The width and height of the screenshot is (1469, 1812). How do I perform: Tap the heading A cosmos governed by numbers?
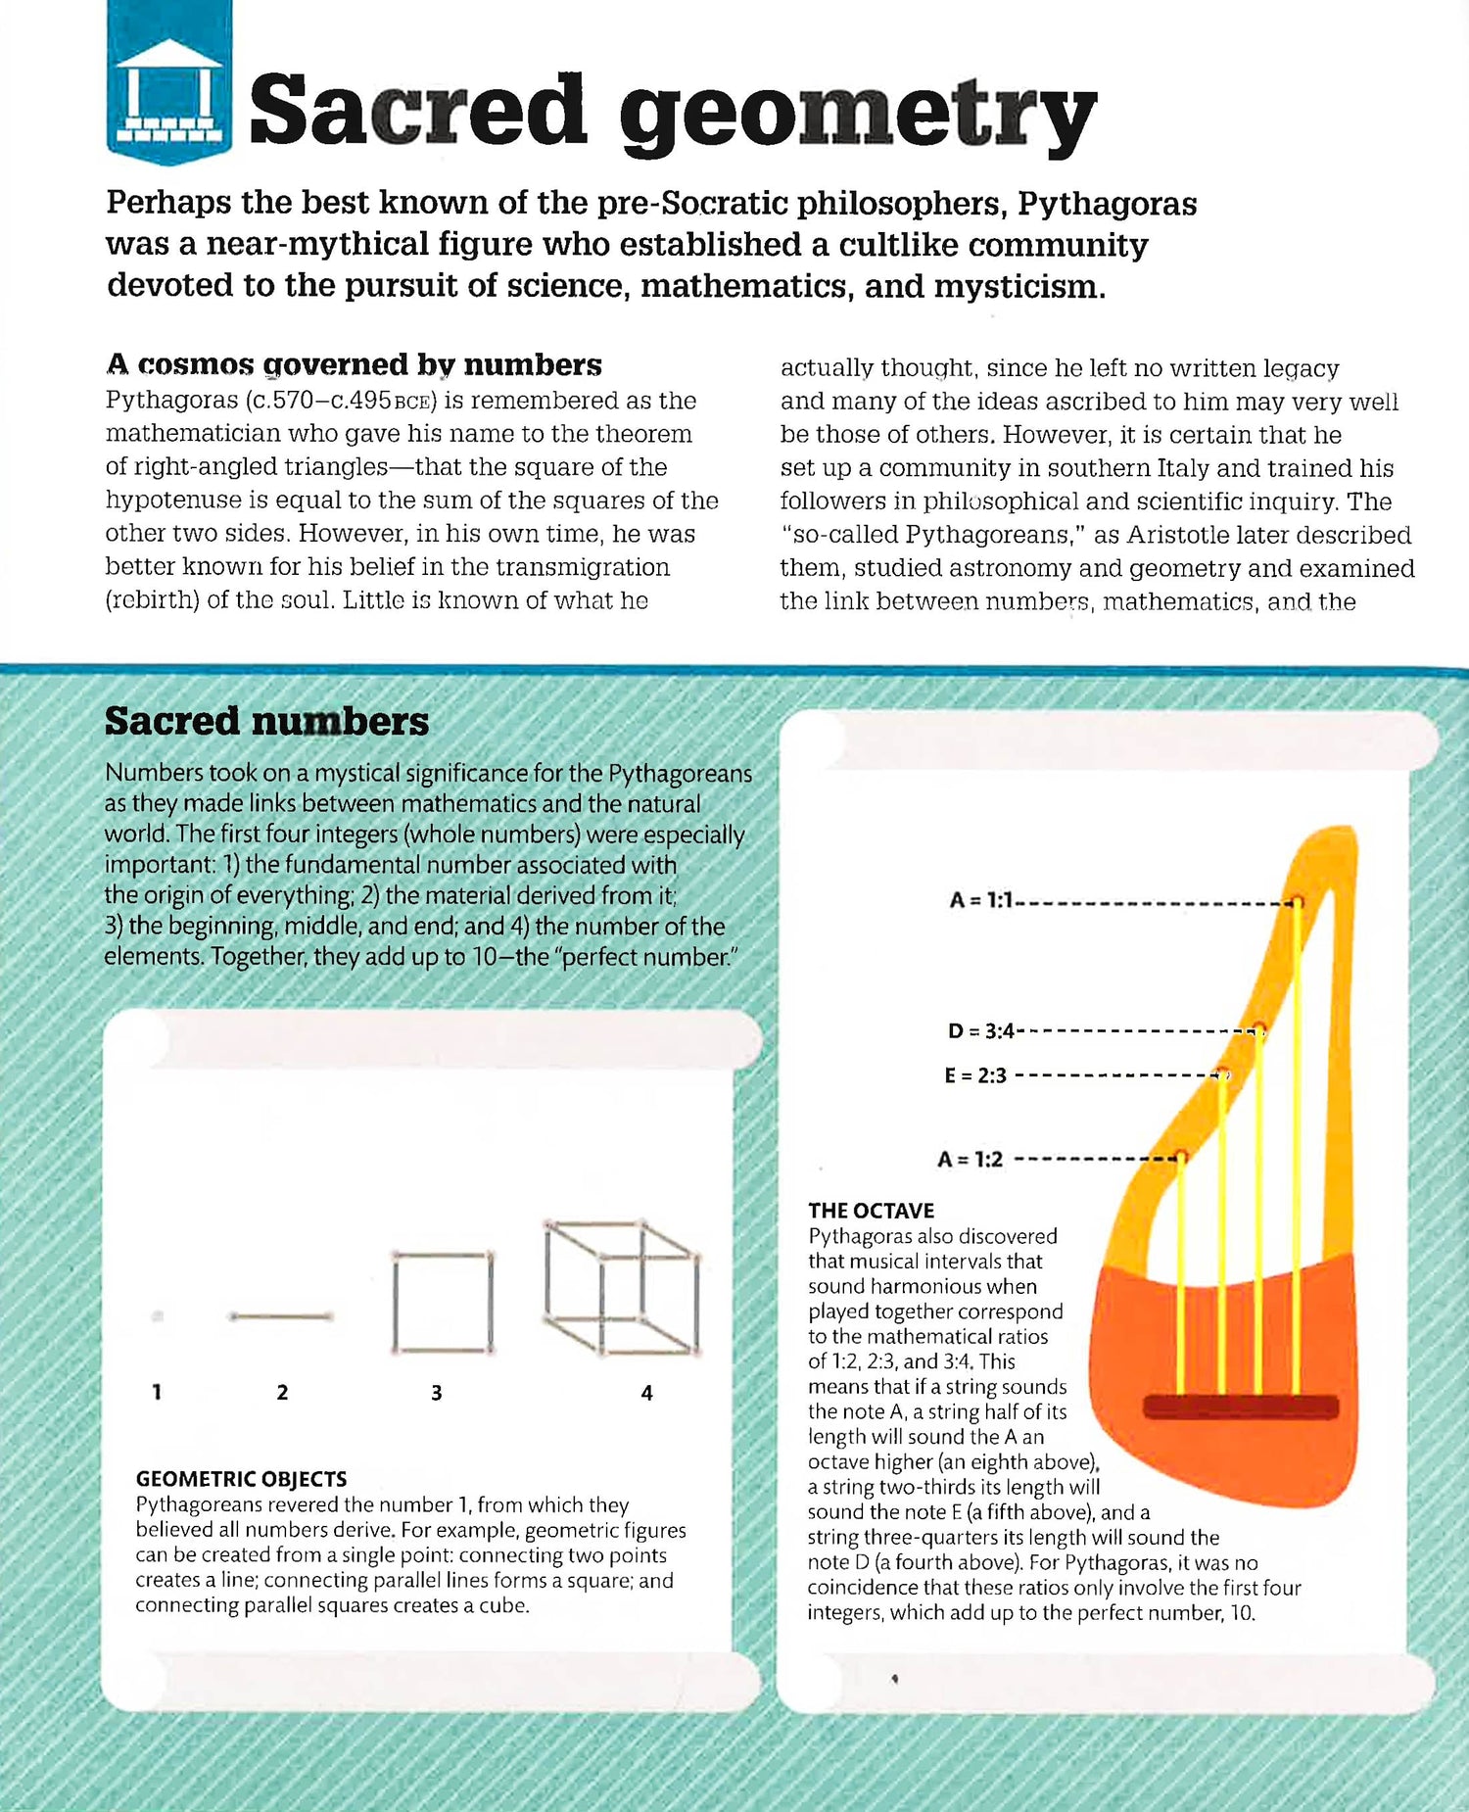[354, 364]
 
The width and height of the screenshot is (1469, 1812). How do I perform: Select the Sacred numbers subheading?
[266, 721]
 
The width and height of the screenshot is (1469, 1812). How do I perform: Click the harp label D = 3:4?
[980, 1030]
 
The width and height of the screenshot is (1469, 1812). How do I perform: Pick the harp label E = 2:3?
[975, 1075]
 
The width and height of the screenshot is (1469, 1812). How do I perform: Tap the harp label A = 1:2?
[970, 1160]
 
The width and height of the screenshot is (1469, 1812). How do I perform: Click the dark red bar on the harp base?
[1240, 1407]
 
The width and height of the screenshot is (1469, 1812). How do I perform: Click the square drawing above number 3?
[442, 1302]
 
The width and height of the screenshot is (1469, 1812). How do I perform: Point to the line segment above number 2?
[281, 1317]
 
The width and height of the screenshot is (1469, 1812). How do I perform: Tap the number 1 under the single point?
[157, 1392]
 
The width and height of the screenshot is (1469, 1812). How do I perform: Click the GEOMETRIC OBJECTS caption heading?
[241, 1479]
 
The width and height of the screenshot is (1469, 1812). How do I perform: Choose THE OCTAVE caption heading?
[871, 1211]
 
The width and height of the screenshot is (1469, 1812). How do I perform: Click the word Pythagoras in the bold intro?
[1107, 203]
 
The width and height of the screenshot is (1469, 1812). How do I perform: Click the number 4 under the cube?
[646, 1393]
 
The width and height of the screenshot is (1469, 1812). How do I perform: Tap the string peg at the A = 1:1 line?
[1297, 901]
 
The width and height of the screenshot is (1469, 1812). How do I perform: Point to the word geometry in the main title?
[857, 114]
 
